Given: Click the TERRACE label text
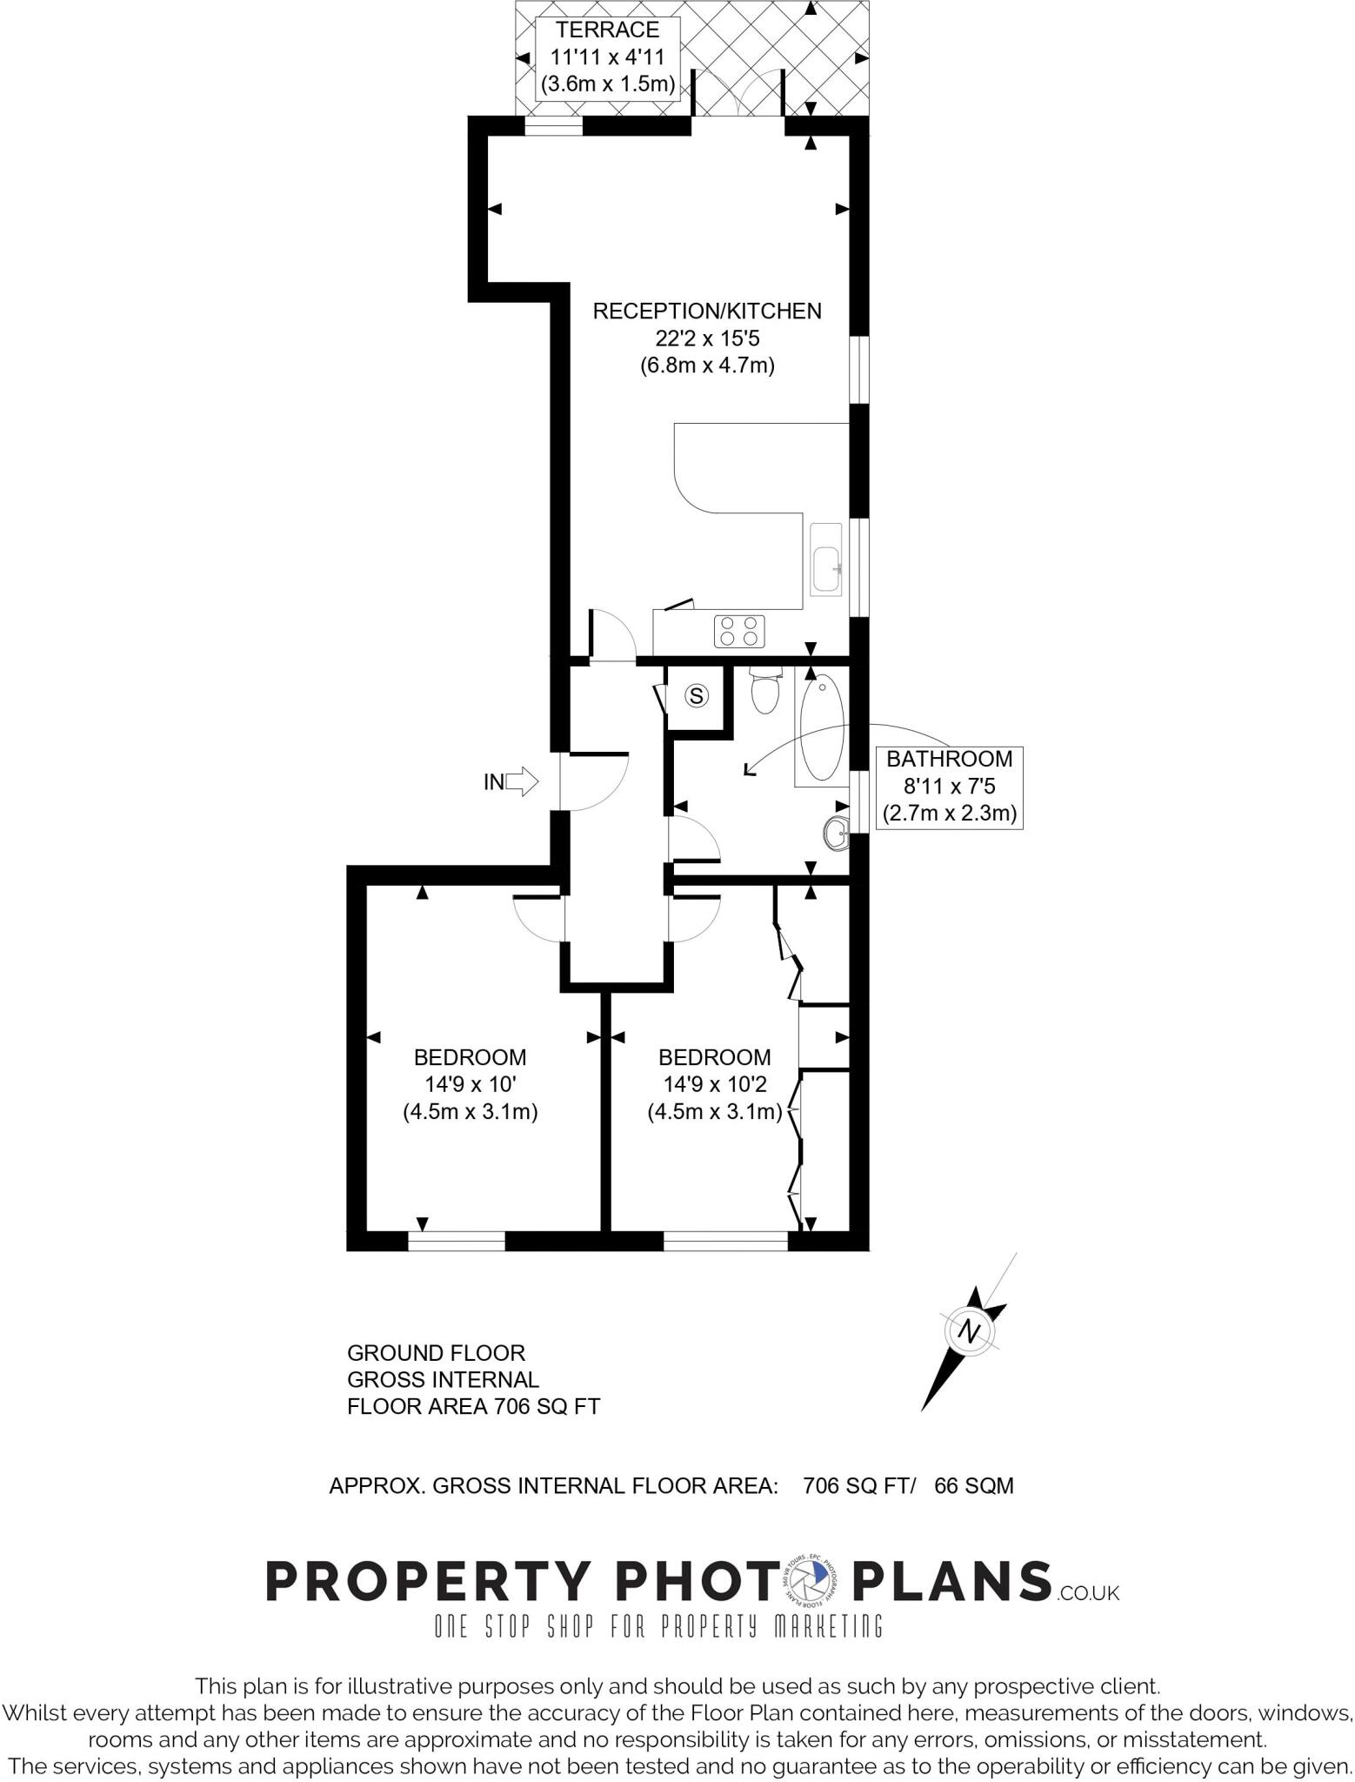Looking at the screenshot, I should (x=607, y=30).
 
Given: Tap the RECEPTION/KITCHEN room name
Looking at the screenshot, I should (x=706, y=312).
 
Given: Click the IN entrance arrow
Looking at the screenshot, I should (x=521, y=781).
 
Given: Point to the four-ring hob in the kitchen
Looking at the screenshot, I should (x=740, y=631).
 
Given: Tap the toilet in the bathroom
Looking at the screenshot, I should (x=765, y=693).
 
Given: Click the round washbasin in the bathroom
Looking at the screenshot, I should (x=836, y=834).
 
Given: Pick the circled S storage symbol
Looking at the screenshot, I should (x=697, y=695).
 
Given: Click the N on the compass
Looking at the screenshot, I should (x=969, y=1331).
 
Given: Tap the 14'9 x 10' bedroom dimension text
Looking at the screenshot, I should (x=470, y=1084).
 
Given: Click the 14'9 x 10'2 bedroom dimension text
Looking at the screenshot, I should (x=714, y=1084).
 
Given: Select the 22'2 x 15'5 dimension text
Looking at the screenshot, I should (x=706, y=338).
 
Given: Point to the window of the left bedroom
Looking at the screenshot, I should (x=457, y=1242).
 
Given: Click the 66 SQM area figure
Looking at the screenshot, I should (x=973, y=1485).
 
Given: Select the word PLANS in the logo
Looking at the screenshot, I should (x=952, y=1581).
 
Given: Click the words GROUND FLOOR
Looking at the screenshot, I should (x=436, y=1353).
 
